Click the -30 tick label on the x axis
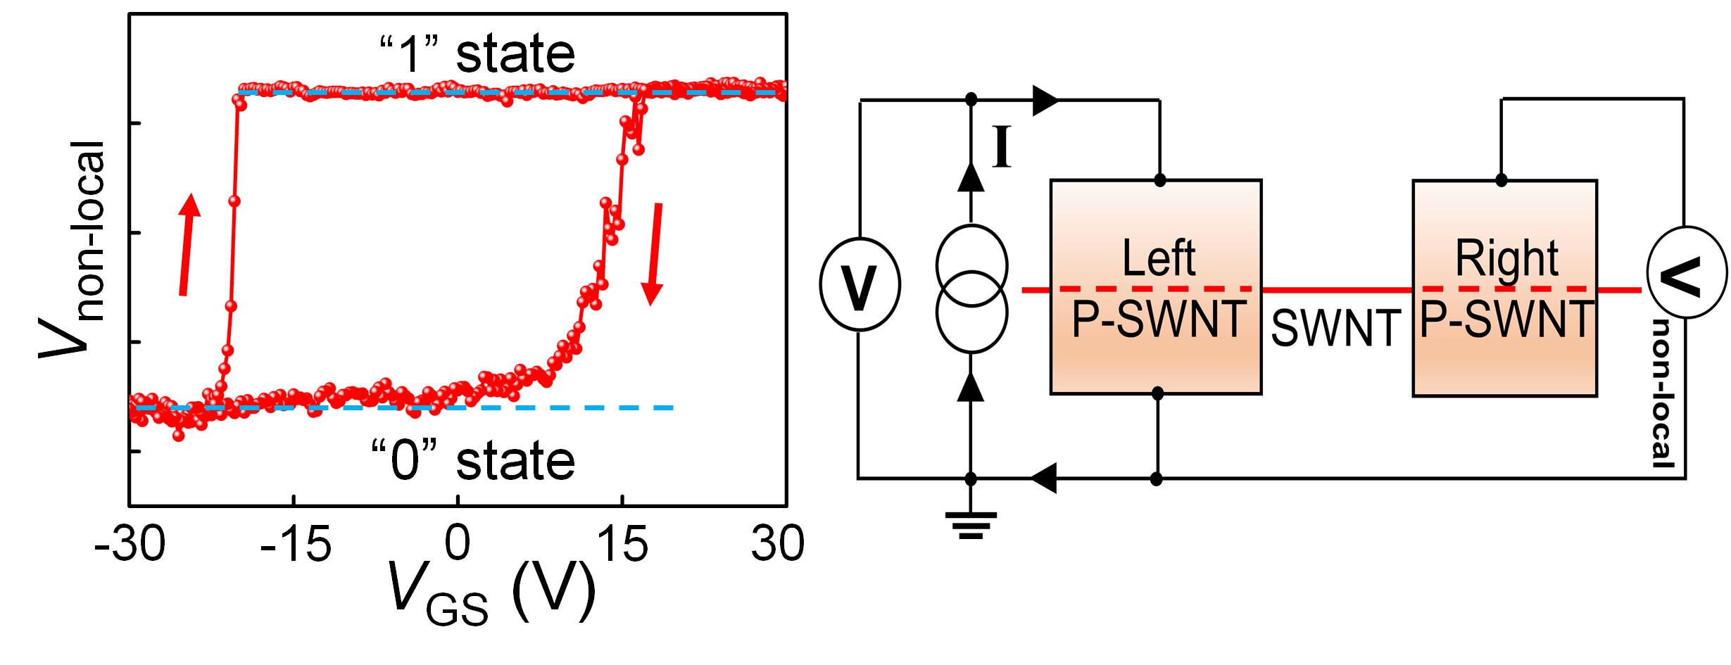pos(130,544)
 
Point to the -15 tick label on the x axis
pos(296,544)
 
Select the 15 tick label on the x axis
pos(622,544)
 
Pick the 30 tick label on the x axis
pos(777,544)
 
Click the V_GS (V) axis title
pos(491,593)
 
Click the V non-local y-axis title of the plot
pos(73,249)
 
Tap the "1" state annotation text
pos(477,53)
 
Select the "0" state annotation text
pos(473,460)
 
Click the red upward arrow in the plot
pos(187,245)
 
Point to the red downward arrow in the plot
pos(654,255)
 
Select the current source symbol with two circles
pos(972,289)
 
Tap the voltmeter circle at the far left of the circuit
pos(860,285)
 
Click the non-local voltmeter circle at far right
pos(1687,272)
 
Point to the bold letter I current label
pos(1001,146)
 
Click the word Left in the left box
pos(1159,258)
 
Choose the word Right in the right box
pos(1507,259)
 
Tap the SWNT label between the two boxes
pos(1335,328)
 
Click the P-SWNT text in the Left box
pos(1159,319)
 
